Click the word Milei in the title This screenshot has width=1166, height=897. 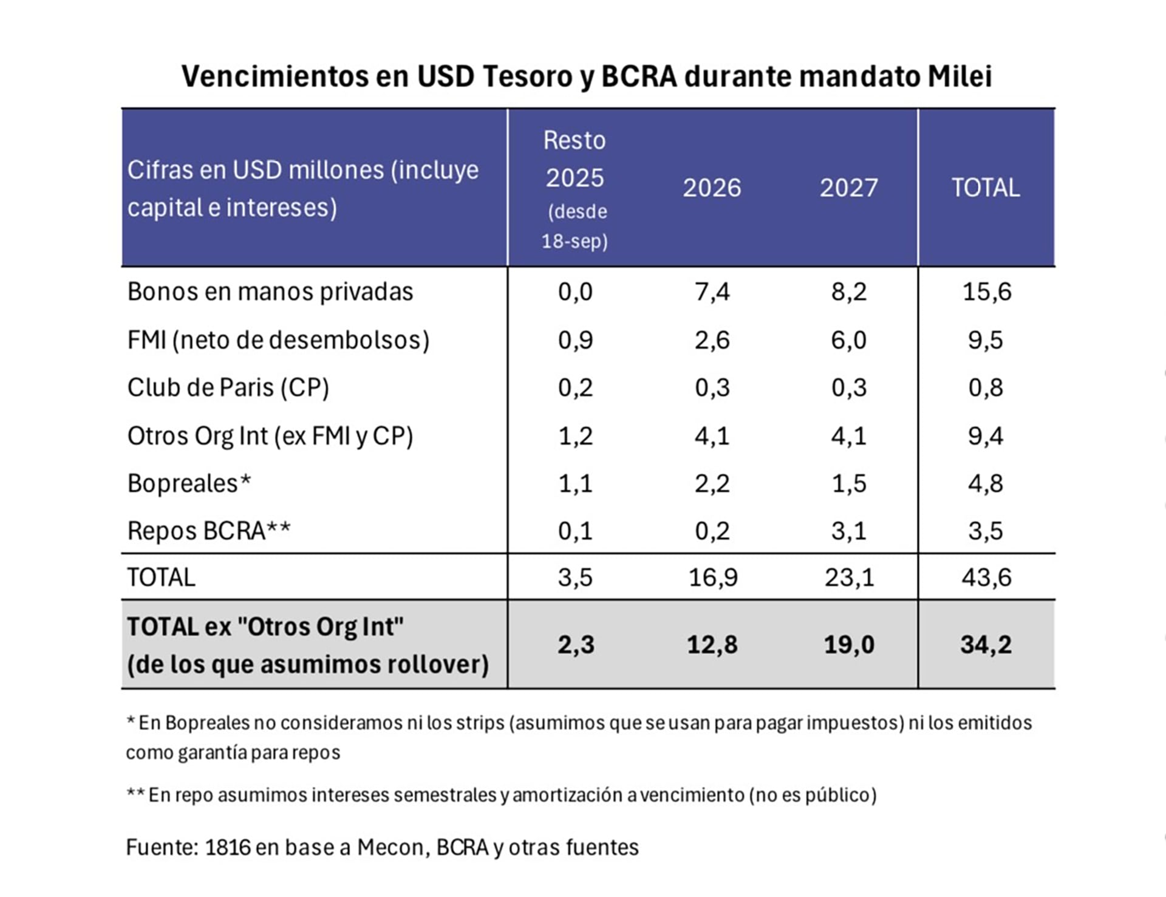click(960, 77)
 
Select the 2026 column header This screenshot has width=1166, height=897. click(712, 188)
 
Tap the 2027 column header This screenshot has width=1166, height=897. click(848, 188)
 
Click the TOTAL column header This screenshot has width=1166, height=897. click(985, 188)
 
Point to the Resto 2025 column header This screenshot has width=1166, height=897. click(574, 159)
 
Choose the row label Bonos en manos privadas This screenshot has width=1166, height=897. click(270, 292)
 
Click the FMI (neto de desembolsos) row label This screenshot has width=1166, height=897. click(278, 339)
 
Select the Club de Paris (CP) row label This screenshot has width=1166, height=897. click(228, 387)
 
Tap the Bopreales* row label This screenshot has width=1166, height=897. click(189, 483)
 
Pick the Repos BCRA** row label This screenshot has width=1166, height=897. click(208, 531)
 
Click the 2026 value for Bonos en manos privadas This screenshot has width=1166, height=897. click(712, 292)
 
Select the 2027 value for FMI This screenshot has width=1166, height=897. click(848, 339)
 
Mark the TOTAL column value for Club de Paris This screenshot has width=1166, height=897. click(985, 387)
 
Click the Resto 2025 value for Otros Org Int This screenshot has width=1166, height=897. click(575, 435)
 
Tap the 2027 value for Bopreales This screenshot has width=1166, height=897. click(848, 483)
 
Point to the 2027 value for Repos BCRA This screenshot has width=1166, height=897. click(848, 531)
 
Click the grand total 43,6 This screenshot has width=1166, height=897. click(986, 577)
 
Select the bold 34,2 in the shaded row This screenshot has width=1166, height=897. click(986, 644)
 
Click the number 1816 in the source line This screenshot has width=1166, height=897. click(227, 847)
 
